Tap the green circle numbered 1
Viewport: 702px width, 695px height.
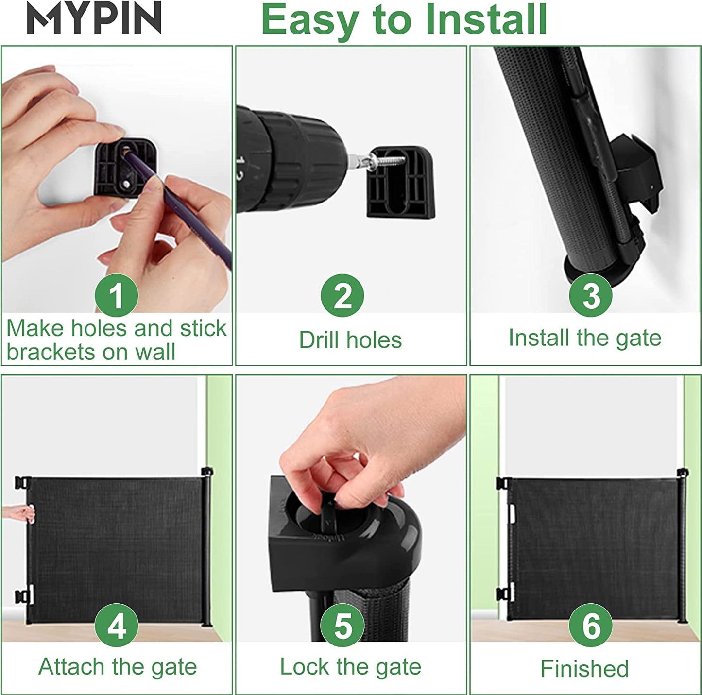click(x=116, y=295)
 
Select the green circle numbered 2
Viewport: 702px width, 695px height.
click(x=342, y=295)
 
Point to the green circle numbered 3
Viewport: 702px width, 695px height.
click(x=591, y=295)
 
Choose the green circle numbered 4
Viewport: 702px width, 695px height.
click(x=116, y=625)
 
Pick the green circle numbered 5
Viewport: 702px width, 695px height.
click(x=342, y=625)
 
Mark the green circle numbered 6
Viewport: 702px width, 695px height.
click(x=591, y=625)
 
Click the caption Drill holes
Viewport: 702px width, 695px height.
click(x=350, y=340)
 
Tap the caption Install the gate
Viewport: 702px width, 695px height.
click(x=585, y=338)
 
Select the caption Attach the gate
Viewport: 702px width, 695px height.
click(x=118, y=667)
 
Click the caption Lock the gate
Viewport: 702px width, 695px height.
click(x=350, y=667)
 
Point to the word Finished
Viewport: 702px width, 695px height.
click(x=585, y=668)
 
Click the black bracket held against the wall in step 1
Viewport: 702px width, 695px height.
click(x=126, y=168)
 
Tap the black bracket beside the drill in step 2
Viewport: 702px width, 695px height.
click(x=401, y=182)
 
